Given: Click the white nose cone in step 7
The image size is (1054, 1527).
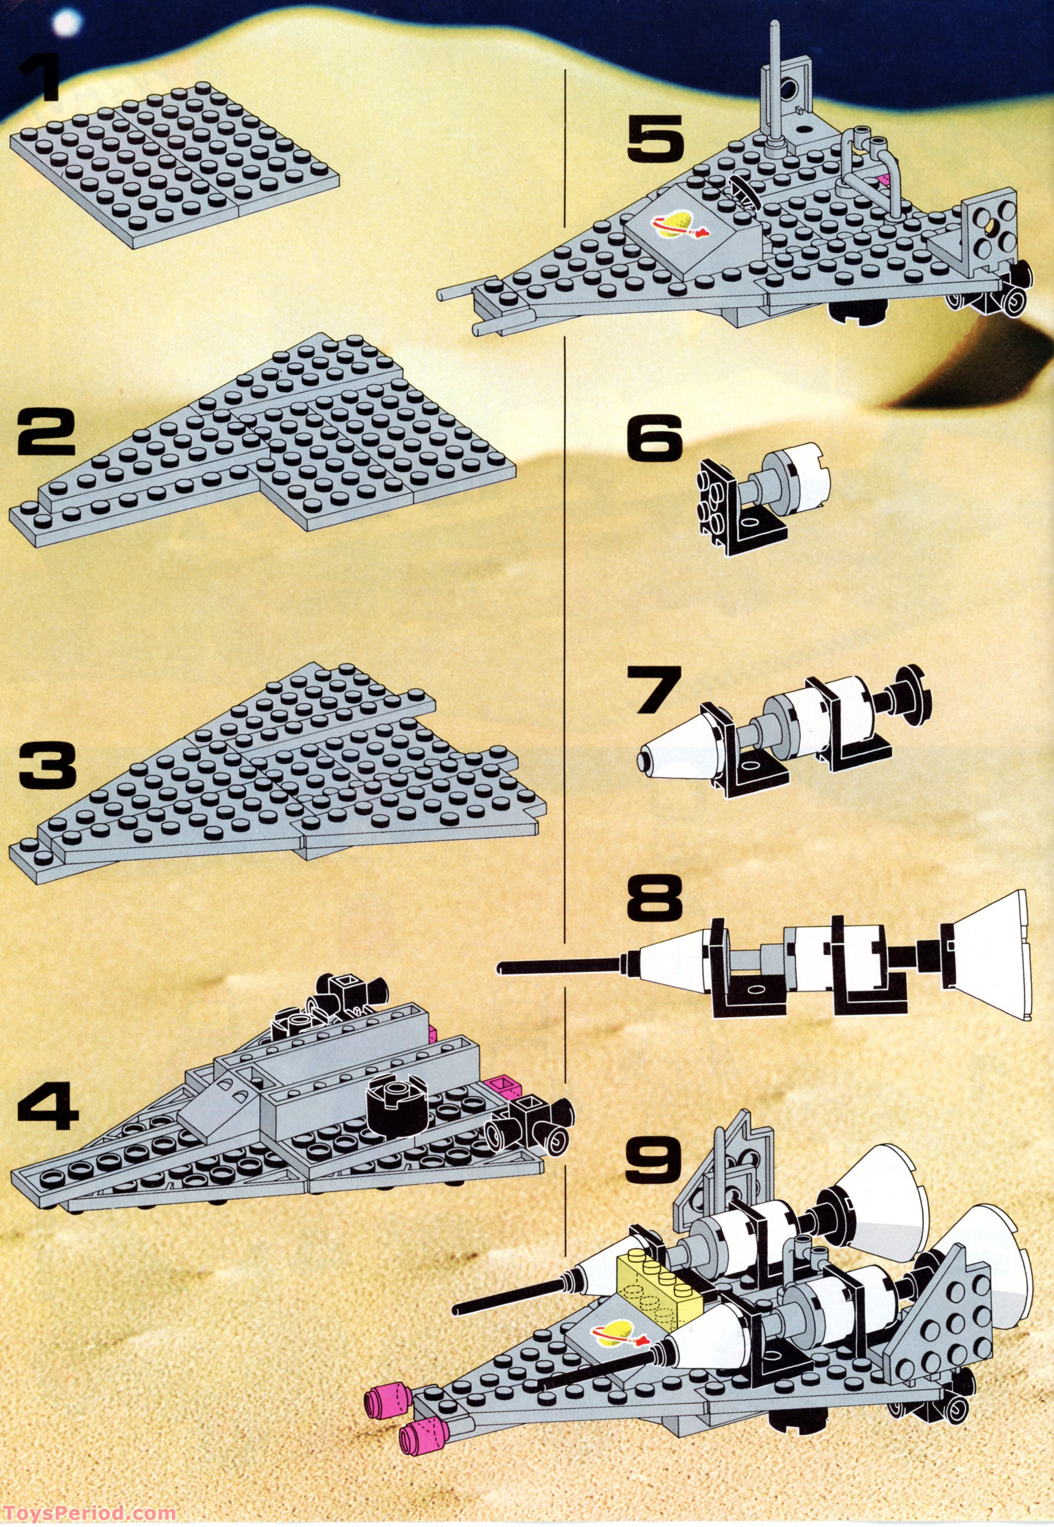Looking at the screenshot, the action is tap(675, 747).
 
